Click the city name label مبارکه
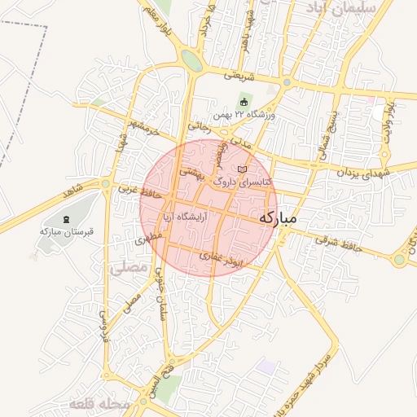click(x=278, y=219)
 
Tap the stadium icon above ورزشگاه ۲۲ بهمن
click(x=244, y=102)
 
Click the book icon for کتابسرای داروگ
click(x=239, y=169)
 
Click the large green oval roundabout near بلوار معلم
click(x=192, y=60)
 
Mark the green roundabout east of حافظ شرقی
click(x=399, y=260)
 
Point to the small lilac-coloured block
click(x=266, y=367)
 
